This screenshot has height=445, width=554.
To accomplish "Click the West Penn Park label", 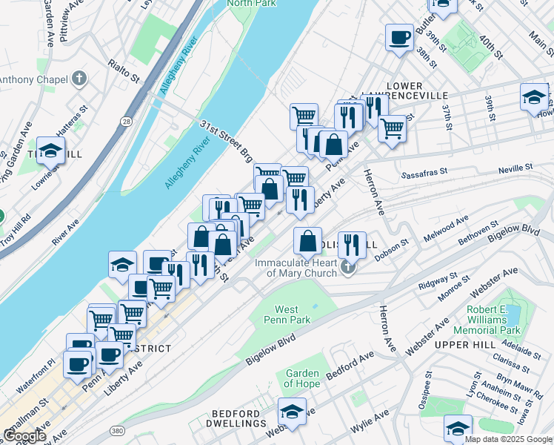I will coord(287,315).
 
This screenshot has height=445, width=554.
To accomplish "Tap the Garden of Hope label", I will coord(302,378).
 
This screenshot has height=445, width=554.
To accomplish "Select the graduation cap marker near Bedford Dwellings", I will coord(293,412).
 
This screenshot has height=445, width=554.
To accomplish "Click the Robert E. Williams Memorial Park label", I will coord(494,319).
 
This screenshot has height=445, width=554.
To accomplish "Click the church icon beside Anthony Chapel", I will coord(79,79).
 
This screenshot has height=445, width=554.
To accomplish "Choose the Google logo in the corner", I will coord(25,436).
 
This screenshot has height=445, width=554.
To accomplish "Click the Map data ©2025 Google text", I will coord(508,439).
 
